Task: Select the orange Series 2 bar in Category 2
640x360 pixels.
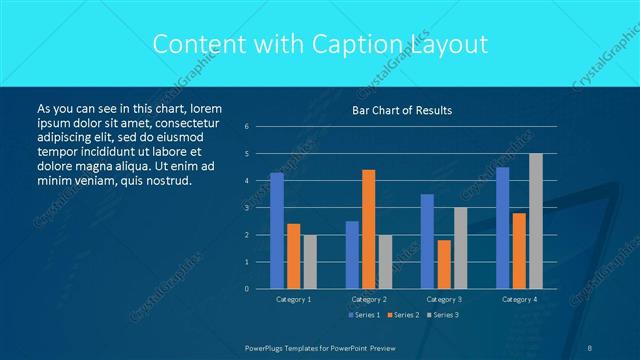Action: (x=369, y=229)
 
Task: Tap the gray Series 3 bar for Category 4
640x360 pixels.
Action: (x=536, y=221)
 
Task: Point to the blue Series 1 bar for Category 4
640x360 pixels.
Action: (x=503, y=227)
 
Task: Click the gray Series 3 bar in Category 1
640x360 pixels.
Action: (x=310, y=261)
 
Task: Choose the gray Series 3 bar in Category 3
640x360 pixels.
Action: (x=461, y=248)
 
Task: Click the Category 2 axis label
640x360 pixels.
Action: (x=369, y=299)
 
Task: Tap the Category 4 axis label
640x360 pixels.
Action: (x=519, y=299)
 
